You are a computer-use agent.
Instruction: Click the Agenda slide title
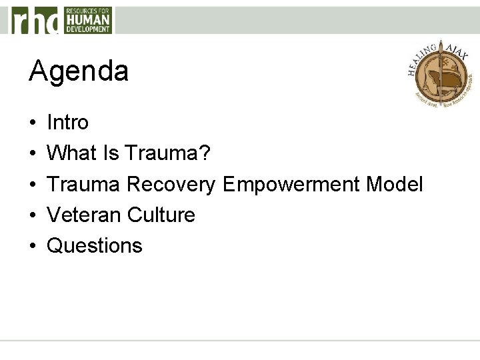[78, 71]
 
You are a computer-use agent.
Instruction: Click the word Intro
[67, 123]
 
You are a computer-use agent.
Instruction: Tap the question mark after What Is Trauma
[205, 153]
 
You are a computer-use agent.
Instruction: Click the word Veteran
[84, 215]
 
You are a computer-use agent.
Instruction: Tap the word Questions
[95, 246]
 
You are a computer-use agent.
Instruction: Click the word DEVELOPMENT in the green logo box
[87, 29]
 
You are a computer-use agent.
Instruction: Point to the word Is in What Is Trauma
[109, 153]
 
